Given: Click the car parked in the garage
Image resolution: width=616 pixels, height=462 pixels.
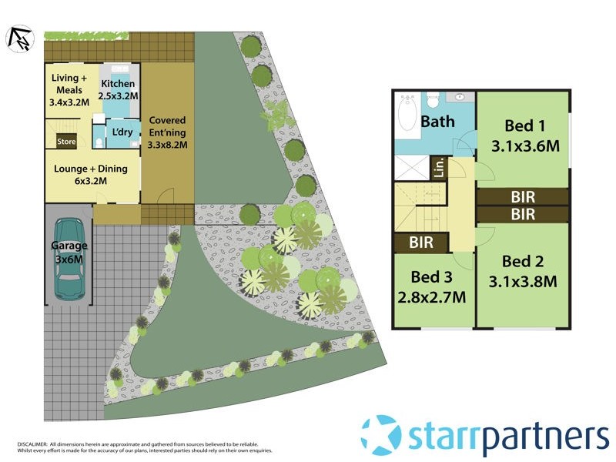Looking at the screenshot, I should click(70, 259).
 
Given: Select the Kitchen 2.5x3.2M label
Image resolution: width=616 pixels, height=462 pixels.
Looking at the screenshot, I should click(119, 89).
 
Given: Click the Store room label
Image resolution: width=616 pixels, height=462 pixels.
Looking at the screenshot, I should click(66, 141).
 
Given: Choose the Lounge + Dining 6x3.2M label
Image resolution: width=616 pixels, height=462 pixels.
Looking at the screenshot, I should click(91, 175).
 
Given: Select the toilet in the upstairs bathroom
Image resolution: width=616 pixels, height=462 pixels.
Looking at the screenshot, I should click(433, 101).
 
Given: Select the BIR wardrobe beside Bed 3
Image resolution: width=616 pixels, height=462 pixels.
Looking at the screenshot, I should click(421, 243).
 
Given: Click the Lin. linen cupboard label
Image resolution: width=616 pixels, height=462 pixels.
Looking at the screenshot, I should click(439, 167).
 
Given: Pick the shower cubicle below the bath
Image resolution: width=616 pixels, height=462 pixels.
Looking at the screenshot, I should click(413, 167).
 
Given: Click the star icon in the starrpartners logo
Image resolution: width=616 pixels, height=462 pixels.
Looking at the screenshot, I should click(381, 435).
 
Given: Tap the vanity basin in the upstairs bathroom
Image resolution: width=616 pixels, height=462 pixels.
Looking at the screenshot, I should click(461, 98).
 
